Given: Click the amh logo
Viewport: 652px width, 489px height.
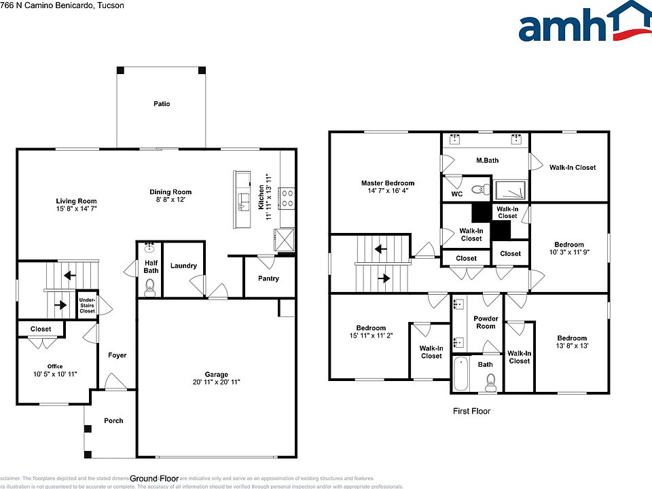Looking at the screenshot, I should (583, 22).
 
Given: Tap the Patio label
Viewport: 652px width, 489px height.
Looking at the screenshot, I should (161, 104).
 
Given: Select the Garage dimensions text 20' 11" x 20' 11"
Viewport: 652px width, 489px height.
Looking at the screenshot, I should (217, 382).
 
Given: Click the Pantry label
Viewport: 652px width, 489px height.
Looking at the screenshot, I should (268, 278).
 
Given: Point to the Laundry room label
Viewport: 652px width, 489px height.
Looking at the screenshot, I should (183, 266).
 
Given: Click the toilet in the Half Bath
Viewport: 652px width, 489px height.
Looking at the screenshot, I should (150, 287).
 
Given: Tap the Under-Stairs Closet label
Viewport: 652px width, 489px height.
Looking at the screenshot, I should (87, 306).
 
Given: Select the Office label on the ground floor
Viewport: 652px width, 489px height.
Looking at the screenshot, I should (54, 366).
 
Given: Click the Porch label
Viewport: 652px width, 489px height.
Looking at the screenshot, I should (113, 420).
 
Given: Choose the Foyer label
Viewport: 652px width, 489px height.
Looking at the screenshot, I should (117, 355).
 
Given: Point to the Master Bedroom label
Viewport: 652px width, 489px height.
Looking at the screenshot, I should (387, 183).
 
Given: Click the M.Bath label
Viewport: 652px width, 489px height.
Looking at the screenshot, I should (486, 160).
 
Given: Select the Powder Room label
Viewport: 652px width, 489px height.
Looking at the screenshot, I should (486, 322).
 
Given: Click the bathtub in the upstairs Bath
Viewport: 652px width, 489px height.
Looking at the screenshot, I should (460, 374).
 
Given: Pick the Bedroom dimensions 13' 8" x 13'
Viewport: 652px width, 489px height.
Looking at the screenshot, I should (572, 346).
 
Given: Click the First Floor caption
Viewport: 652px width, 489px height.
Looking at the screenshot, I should (471, 411).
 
